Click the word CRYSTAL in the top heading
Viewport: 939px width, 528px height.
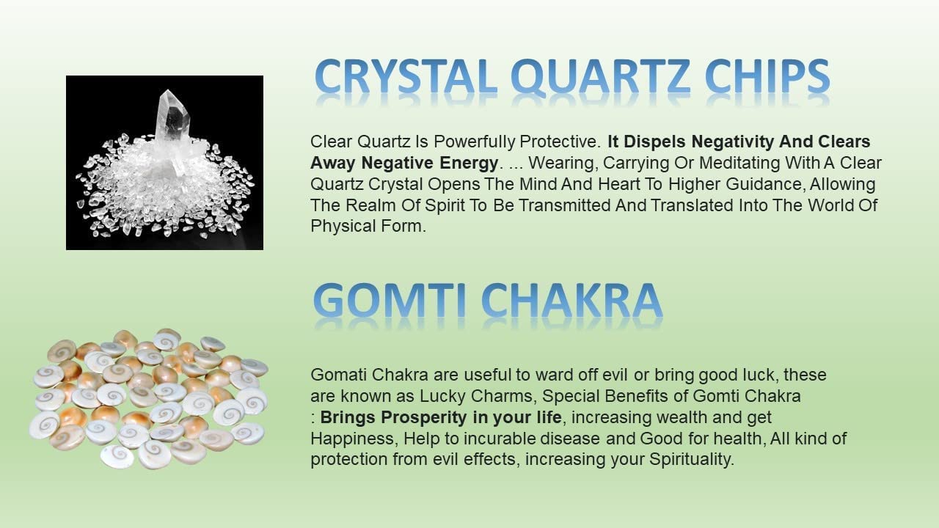pos(406,76)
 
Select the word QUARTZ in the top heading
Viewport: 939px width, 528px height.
pos(600,77)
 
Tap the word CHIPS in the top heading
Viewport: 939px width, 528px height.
pos(767,76)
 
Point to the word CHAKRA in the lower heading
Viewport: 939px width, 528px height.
pos(571,300)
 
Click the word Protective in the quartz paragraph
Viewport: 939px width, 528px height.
pos(560,142)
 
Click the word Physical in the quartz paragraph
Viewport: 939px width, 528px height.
pos(343,227)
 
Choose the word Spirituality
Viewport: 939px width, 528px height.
pos(692,460)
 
